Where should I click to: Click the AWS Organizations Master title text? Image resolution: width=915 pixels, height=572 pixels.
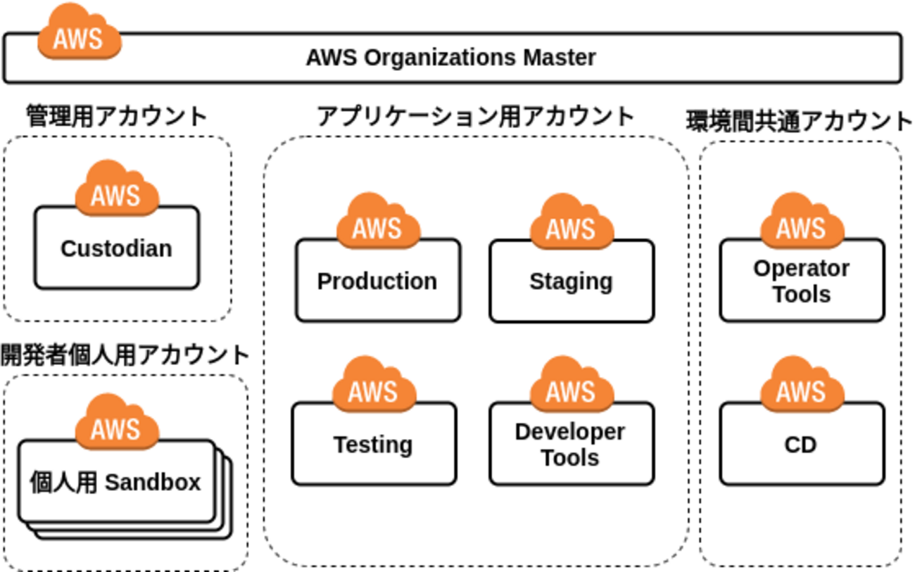coord(450,58)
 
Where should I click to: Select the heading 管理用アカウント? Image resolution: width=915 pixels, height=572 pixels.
coord(117,115)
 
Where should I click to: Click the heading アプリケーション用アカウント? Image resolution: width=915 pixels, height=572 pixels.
coord(476,116)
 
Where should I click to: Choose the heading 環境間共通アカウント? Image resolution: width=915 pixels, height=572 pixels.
coord(800,121)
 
